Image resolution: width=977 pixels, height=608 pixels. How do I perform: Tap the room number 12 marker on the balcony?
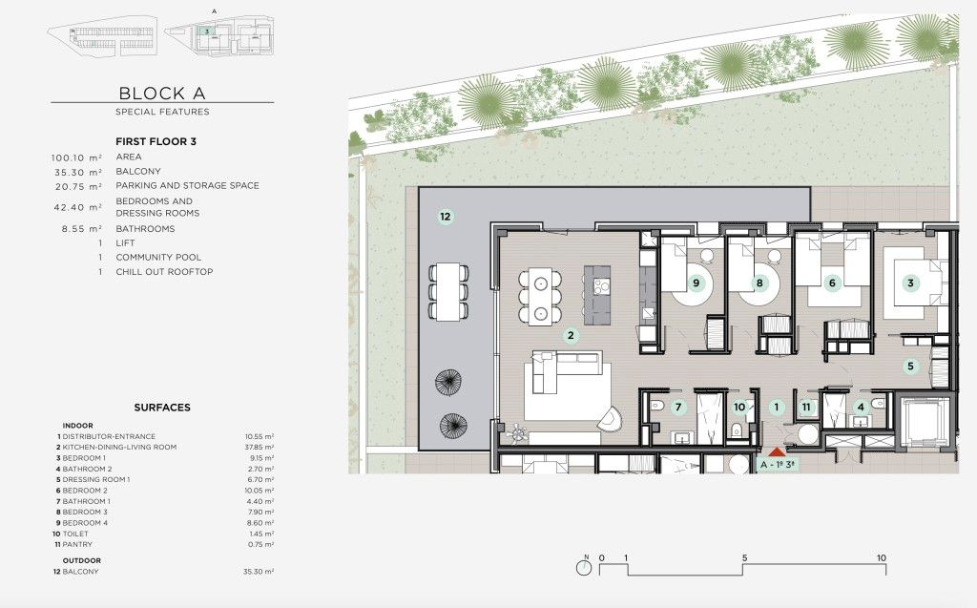click(445, 217)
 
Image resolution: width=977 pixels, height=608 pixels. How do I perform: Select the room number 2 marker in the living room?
click(571, 335)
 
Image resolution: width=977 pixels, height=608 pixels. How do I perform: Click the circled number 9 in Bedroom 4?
click(696, 283)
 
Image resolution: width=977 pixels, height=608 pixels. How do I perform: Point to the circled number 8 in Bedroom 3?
click(759, 283)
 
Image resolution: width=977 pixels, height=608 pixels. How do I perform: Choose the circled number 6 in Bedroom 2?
click(832, 283)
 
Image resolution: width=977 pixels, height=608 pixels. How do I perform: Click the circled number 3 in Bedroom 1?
click(910, 283)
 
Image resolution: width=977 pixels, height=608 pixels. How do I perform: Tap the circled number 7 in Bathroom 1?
click(678, 408)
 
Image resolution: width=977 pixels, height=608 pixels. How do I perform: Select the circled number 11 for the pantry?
click(806, 408)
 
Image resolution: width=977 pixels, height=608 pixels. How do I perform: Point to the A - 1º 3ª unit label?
click(777, 465)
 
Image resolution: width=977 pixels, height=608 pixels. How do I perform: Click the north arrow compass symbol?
click(582, 567)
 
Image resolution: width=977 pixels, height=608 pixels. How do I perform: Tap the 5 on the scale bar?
click(743, 558)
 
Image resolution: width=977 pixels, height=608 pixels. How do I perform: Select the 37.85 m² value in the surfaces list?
click(259, 447)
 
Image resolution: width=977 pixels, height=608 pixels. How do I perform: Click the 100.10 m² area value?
click(76, 157)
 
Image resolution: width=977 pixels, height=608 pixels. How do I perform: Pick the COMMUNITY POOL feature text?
click(151, 257)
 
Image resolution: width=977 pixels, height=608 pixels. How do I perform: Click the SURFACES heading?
click(162, 408)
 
